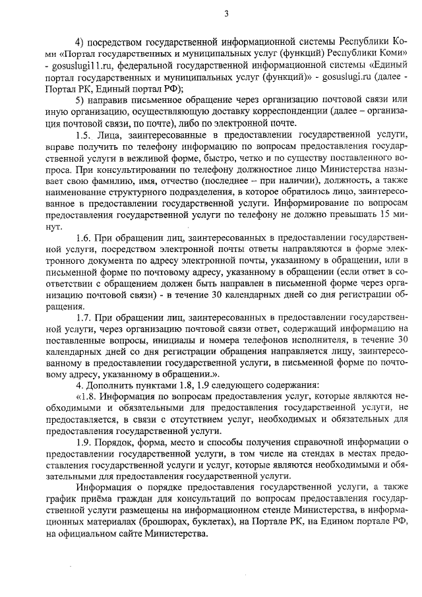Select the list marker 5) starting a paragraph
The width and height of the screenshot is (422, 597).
tap(81, 100)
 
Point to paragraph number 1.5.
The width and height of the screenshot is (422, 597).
tap(84, 136)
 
